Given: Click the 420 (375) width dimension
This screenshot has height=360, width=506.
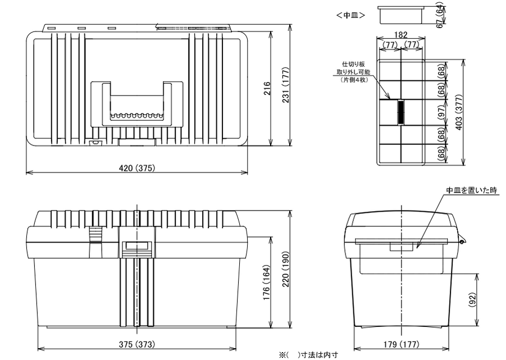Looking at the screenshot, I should pos(137,168).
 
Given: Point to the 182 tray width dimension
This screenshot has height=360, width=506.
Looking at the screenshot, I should pos(400,35).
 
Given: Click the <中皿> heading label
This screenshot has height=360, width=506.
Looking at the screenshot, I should pos(352,15).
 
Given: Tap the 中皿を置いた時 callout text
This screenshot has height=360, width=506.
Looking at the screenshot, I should pos(471,190).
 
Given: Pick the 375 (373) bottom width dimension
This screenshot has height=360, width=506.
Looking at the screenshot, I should pos(137,344).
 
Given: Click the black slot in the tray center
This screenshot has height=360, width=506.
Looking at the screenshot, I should pos(401,112).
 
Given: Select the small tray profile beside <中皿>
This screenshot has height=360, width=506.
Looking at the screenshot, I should pos(400,14).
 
